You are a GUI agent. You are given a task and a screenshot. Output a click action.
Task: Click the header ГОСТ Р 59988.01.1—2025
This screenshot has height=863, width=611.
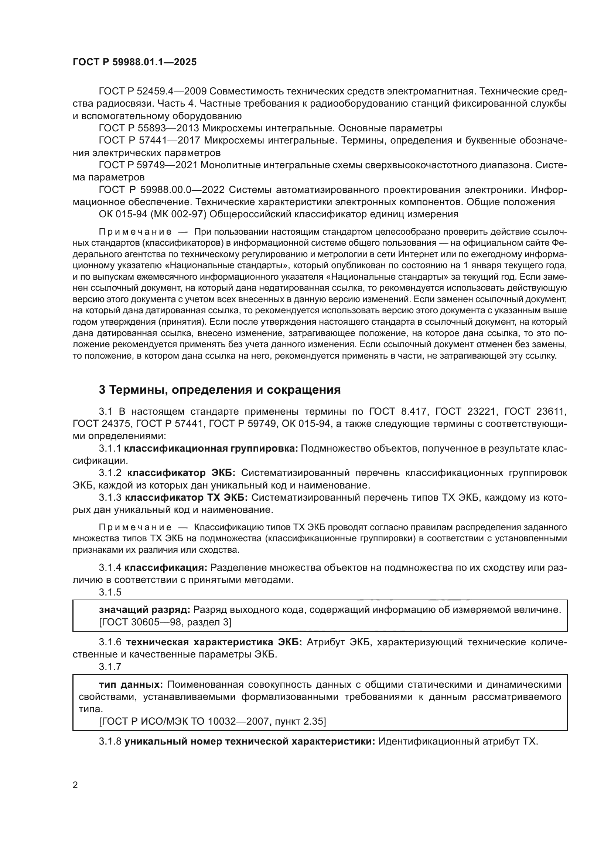click(x=134, y=62)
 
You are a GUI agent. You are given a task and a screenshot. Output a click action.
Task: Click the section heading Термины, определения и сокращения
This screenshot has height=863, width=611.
click(x=220, y=390)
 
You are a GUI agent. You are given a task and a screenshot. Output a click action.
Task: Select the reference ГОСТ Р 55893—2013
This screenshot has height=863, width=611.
click(x=149, y=128)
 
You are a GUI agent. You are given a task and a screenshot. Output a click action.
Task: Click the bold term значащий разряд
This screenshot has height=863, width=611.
click(x=144, y=610)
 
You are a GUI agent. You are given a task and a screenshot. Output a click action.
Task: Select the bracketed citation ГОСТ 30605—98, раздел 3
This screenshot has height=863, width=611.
click(x=165, y=622)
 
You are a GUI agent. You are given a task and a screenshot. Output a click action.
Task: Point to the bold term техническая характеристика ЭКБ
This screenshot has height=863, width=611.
click(x=214, y=642)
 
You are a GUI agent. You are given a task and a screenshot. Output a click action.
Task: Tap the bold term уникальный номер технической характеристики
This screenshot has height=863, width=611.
click(x=249, y=741)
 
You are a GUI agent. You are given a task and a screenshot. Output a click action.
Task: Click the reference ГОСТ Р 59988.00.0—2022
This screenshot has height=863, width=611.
click(x=161, y=189)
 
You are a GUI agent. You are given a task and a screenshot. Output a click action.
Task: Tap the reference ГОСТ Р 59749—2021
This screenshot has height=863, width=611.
click(x=149, y=165)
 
